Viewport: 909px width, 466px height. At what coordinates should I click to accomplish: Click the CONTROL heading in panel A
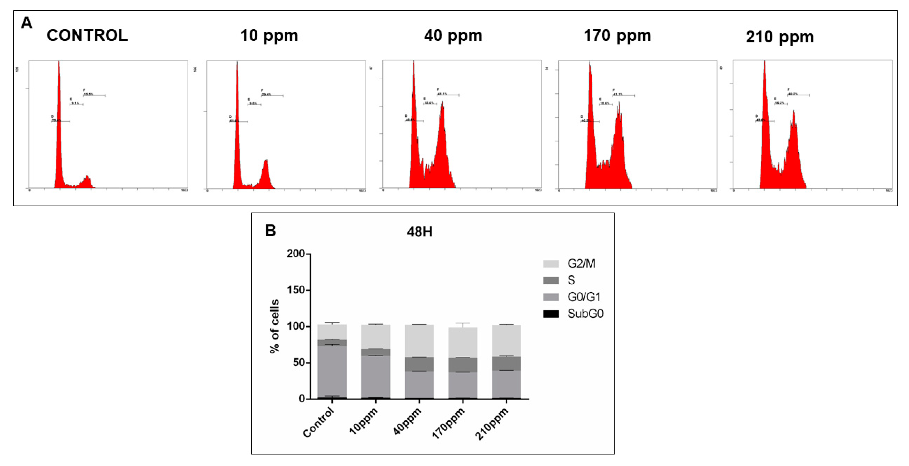[x=87, y=36]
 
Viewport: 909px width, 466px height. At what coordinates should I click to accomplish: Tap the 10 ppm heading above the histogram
[x=269, y=36]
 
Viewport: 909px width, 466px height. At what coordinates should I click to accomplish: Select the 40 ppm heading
[x=453, y=36]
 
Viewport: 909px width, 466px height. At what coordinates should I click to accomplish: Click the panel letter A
[x=26, y=23]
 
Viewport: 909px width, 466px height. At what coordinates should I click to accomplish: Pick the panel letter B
[x=270, y=231]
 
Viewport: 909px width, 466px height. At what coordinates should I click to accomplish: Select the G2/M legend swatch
[x=551, y=264]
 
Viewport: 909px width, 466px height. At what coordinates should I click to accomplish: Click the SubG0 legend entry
[x=585, y=313]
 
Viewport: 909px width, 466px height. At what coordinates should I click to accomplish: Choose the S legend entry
[x=571, y=280]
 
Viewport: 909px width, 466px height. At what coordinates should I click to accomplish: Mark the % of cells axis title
[x=274, y=326]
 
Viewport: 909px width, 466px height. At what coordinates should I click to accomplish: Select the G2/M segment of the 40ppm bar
[x=419, y=341]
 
